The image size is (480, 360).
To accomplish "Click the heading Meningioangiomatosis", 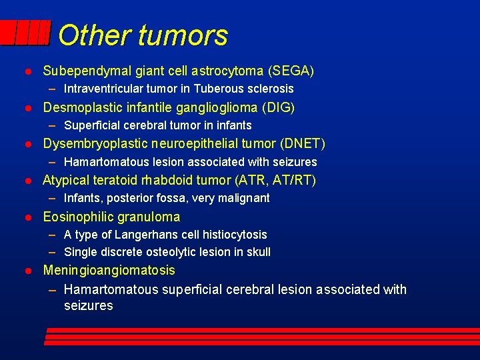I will (109, 270).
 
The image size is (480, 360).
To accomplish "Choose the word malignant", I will (243, 198).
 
